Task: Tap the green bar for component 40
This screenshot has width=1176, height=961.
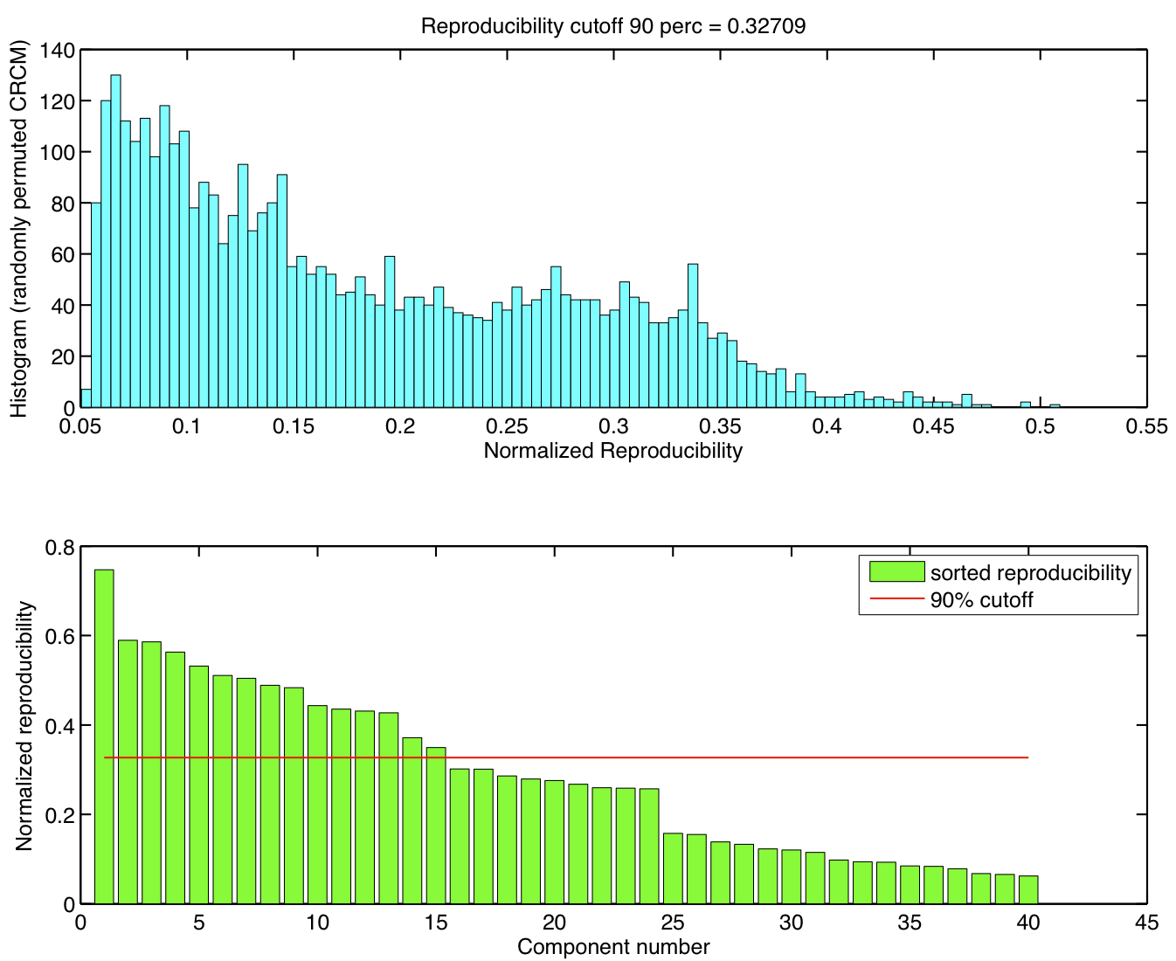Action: (x=1028, y=889)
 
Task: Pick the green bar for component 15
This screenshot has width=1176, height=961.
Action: (x=436, y=826)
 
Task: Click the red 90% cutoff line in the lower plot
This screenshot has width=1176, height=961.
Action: (x=699, y=757)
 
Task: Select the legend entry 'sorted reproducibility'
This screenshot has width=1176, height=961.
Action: (x=1030, y=573)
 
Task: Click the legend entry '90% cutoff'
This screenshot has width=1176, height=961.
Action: (x=981, y=600)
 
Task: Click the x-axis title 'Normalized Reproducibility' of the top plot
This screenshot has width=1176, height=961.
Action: (x=612, y=451)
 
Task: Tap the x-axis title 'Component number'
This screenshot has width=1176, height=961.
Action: (x=612, y=947)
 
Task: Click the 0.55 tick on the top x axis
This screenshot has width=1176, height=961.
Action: (x=1145, y=426)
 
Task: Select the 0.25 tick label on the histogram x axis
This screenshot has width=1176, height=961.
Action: (x=507, y=426)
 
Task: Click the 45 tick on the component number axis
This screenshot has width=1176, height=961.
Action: (x=1145, y=923)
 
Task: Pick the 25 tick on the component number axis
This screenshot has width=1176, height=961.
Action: (x=673, y=923)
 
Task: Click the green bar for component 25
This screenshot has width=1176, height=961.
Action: (x=673, y=868)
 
